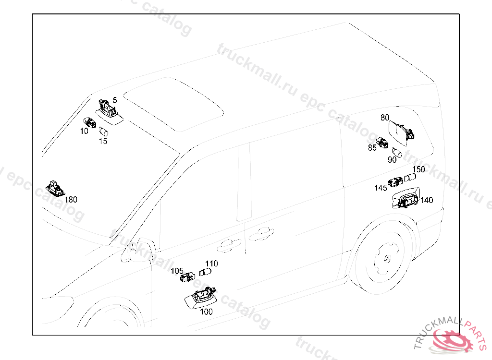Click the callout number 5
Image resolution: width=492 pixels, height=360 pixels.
coord(115,100)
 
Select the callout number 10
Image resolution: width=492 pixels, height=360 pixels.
coord(84,131)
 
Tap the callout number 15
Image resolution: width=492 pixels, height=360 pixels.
coord(103,142)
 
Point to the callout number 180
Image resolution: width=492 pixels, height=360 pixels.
coord(71,200)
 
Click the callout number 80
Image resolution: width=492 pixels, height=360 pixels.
coord(385,118)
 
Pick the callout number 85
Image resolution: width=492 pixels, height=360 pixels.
coord(372,148)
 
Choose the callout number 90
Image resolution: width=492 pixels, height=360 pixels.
coord(392,160)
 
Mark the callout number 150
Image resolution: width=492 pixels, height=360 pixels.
coord(418,169)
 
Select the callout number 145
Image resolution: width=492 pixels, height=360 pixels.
coord(381,188)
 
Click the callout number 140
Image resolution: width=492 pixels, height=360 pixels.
coord(427,200)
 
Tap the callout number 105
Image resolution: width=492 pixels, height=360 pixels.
coord(177,271)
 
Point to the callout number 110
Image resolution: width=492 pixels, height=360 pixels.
coord(211,264)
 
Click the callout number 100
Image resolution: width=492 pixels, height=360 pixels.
coord(206,312)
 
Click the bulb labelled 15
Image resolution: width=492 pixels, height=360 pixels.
coord(104,132)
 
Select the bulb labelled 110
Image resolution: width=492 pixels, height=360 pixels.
coord(205,272)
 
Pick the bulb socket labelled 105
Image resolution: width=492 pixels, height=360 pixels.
coord(187,277)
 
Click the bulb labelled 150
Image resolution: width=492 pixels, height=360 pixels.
coord(410,177)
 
